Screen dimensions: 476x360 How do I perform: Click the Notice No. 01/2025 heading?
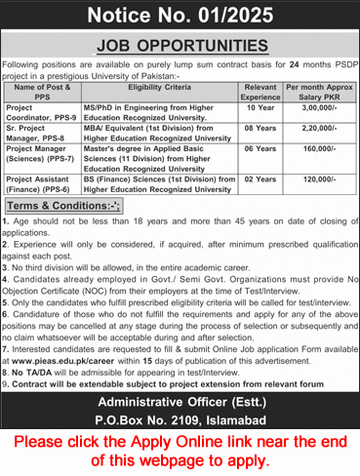click(x=180, y=15)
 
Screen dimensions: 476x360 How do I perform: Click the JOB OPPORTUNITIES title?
click(x=180, y=45)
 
